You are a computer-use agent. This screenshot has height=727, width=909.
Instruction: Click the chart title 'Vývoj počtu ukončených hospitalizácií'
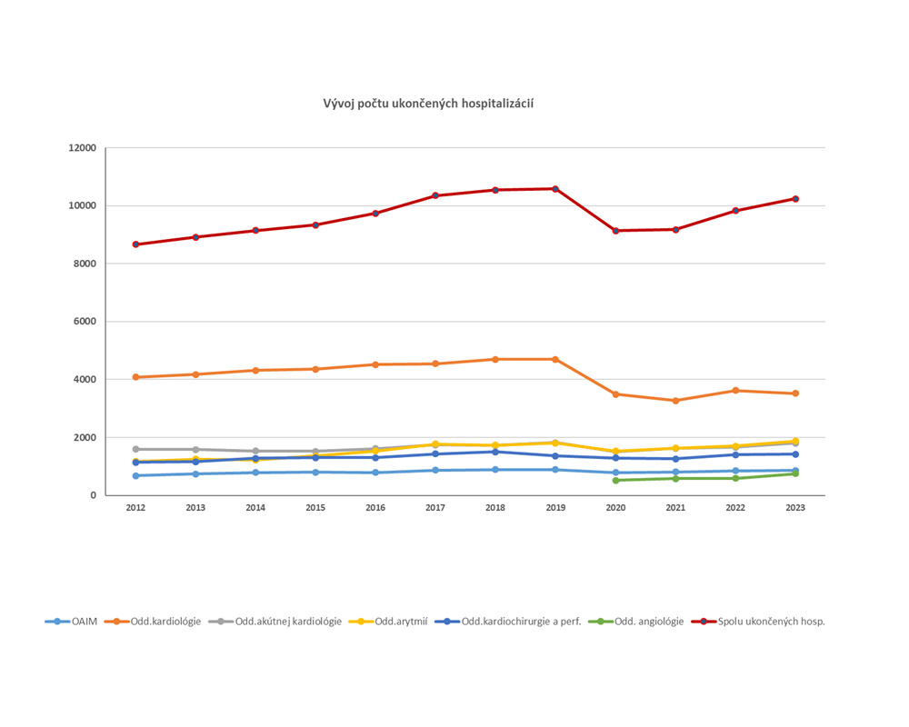428,104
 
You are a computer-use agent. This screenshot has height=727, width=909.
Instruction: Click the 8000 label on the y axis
84,264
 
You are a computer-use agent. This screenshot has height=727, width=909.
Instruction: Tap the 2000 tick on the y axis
84,437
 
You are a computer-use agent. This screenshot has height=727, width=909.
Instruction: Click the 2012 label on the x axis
135,508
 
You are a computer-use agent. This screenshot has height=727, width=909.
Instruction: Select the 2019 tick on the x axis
555,508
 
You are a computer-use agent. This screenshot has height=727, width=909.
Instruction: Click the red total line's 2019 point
555,189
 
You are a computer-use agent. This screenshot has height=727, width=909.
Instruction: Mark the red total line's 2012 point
135,244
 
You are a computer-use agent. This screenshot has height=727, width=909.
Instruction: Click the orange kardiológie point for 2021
675,401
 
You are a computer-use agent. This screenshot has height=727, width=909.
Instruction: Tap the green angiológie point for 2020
615,480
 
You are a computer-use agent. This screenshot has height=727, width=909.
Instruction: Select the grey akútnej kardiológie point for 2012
135,449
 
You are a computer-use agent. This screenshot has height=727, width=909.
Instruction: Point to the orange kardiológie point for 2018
495,360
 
